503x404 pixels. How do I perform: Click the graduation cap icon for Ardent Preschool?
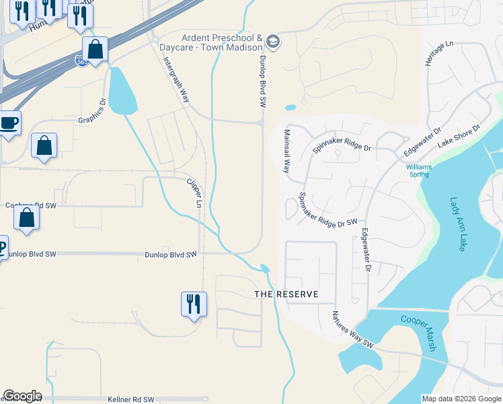[273, 42]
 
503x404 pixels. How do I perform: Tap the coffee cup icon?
[9, 123]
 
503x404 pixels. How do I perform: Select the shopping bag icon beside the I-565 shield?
[95, 49]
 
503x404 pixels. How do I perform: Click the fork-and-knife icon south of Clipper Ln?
[194, 304]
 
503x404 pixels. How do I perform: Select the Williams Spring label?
[420, 170]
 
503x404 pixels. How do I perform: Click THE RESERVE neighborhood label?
[286, 295]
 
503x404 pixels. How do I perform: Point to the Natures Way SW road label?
[352, 329]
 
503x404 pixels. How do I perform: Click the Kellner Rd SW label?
[131, 399]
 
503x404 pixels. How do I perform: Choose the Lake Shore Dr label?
[459, 136]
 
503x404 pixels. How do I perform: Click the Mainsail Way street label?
[286, 151]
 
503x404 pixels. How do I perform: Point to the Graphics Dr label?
[92, 112]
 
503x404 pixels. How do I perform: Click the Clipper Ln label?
[194, 192]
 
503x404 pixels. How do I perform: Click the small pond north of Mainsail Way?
[291, 107]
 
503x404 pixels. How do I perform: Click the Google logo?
[23, 396]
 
